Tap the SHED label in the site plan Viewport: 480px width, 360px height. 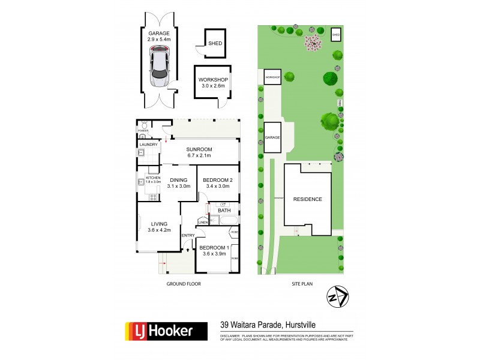[x=336, y=35]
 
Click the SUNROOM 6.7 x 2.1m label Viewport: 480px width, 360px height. [x=202, y=152]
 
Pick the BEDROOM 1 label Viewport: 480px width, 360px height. [x=214, y=251]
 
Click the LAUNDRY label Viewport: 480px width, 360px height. [x=148, y=145]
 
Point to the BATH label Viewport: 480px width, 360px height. [x=224, y=211]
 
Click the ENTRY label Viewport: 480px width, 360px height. [x=188, y=235]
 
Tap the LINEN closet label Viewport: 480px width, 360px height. [x=203, y=222]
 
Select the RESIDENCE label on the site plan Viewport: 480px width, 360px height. [x=308, y=199]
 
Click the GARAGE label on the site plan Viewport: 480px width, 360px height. [x=272, y=137]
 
